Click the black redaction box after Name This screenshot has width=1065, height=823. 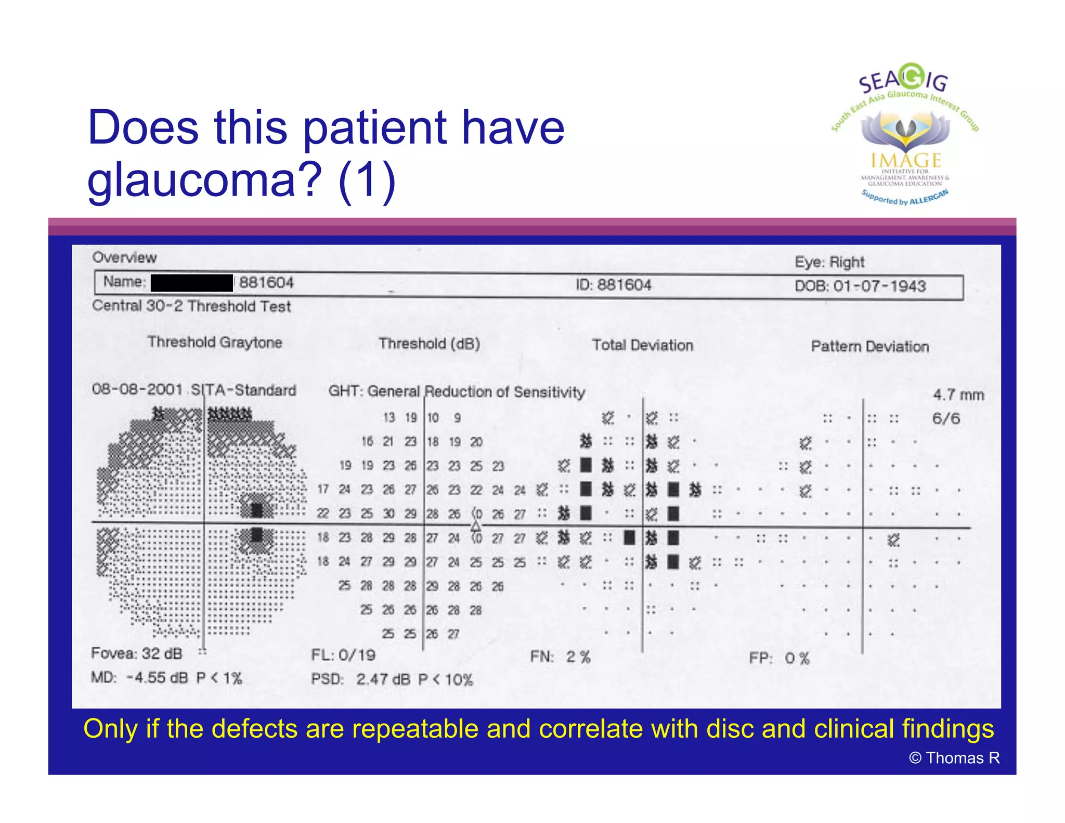(x=192, y=283)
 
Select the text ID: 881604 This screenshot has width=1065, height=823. (x=613, y=285)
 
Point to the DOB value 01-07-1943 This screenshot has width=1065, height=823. (x=879, y=286)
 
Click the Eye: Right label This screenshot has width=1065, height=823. (x=829, y=262)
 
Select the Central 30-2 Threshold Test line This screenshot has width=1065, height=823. (x=191, y=306)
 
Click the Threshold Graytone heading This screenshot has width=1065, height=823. (x=214, y=342)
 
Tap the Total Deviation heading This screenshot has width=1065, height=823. (x=642, y=345)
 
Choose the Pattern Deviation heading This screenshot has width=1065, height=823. (x=869, y=346)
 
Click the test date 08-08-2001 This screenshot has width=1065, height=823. (x=137, y=389)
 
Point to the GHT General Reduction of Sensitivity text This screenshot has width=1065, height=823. (x=457, y=391)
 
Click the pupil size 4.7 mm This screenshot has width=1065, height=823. (x=958, y=395)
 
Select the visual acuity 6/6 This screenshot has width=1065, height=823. (x=945, y=418)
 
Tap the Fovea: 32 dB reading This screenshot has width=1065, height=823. (x=136, y=653)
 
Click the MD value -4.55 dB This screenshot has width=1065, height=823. (x=157, y=678)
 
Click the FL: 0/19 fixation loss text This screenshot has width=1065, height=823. (x=343, y=655)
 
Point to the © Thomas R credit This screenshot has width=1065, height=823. (x=954, y=758)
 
